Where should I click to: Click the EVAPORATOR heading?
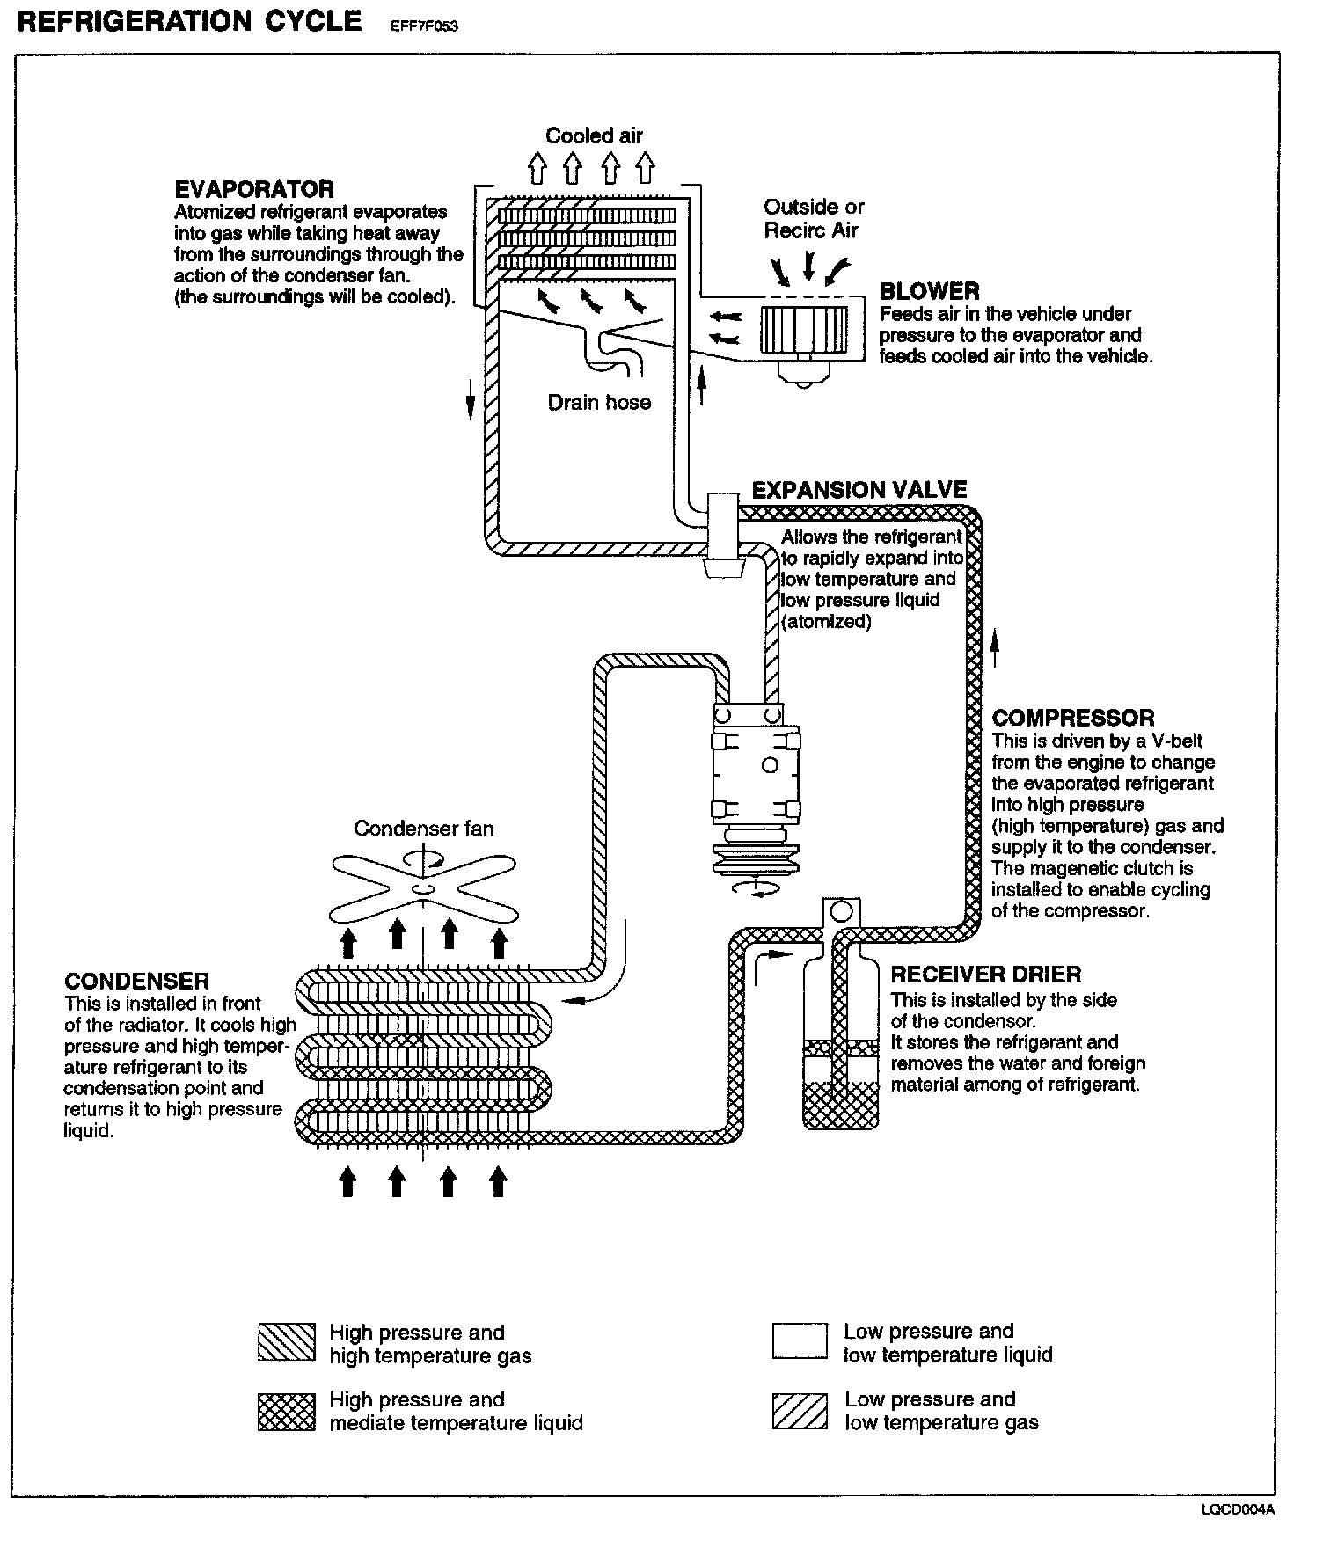click(254, 189)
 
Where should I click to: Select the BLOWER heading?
click(929, 291)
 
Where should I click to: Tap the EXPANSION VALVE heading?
click(859, 490)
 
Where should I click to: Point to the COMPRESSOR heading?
click(1072, 718)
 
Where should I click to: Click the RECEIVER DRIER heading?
click(985, 975)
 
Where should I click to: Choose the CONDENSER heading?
click(136, 982)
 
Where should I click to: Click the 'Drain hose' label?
click(599, 403)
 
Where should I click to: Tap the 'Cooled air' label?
click(594, 135)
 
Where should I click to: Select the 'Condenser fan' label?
click(424, 829)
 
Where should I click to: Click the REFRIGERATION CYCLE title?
click(189, 21)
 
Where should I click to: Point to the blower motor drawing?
click(803, 334)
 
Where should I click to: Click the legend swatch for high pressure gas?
click(286, 1342)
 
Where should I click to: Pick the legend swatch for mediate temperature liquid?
click(286, 1411)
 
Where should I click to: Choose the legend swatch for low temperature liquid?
click(800, 1342)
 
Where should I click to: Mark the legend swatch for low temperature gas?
click(800, 1411)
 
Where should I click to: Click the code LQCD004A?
click(1239, 1510)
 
